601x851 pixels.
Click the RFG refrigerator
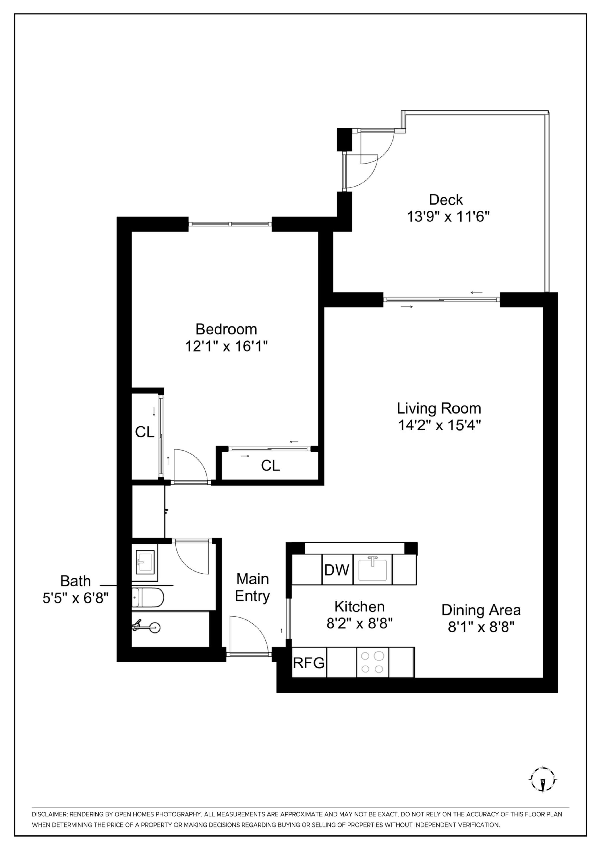[x=309, y=662]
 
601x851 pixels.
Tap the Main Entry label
[x=253, y=588]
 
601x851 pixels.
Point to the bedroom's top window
[x=230, y=224]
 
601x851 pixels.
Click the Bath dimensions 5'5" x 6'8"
[x=75, y=597]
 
